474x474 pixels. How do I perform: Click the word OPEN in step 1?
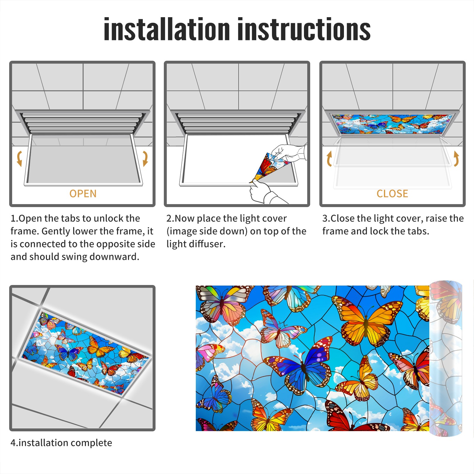83,194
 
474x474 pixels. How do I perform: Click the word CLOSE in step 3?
392,194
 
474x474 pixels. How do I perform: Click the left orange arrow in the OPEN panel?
19,158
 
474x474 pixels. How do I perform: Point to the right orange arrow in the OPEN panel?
145,158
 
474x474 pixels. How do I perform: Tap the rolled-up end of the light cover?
446,358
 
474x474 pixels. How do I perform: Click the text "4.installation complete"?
61,443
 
